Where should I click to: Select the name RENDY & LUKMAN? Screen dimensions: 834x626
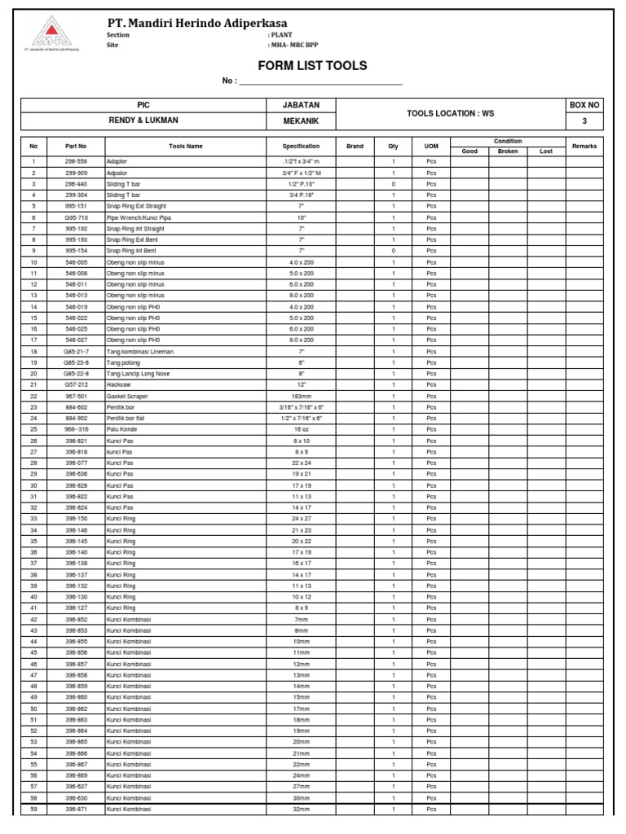143,121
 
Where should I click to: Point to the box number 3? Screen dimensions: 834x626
584,121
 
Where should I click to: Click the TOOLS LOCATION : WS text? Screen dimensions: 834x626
450,113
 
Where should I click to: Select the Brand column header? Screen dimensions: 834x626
355,146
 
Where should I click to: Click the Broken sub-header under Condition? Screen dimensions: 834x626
508,151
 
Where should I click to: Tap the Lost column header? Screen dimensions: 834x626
546,151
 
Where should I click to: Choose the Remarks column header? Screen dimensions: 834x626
584,146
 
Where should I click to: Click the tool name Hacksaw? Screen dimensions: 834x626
119,384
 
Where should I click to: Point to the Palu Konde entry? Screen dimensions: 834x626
122,429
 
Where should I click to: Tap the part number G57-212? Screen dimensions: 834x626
76,384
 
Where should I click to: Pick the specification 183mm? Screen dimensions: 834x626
301,396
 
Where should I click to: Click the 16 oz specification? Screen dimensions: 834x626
301,429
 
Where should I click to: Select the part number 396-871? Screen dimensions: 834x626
76,809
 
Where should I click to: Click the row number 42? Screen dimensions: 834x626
33,619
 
